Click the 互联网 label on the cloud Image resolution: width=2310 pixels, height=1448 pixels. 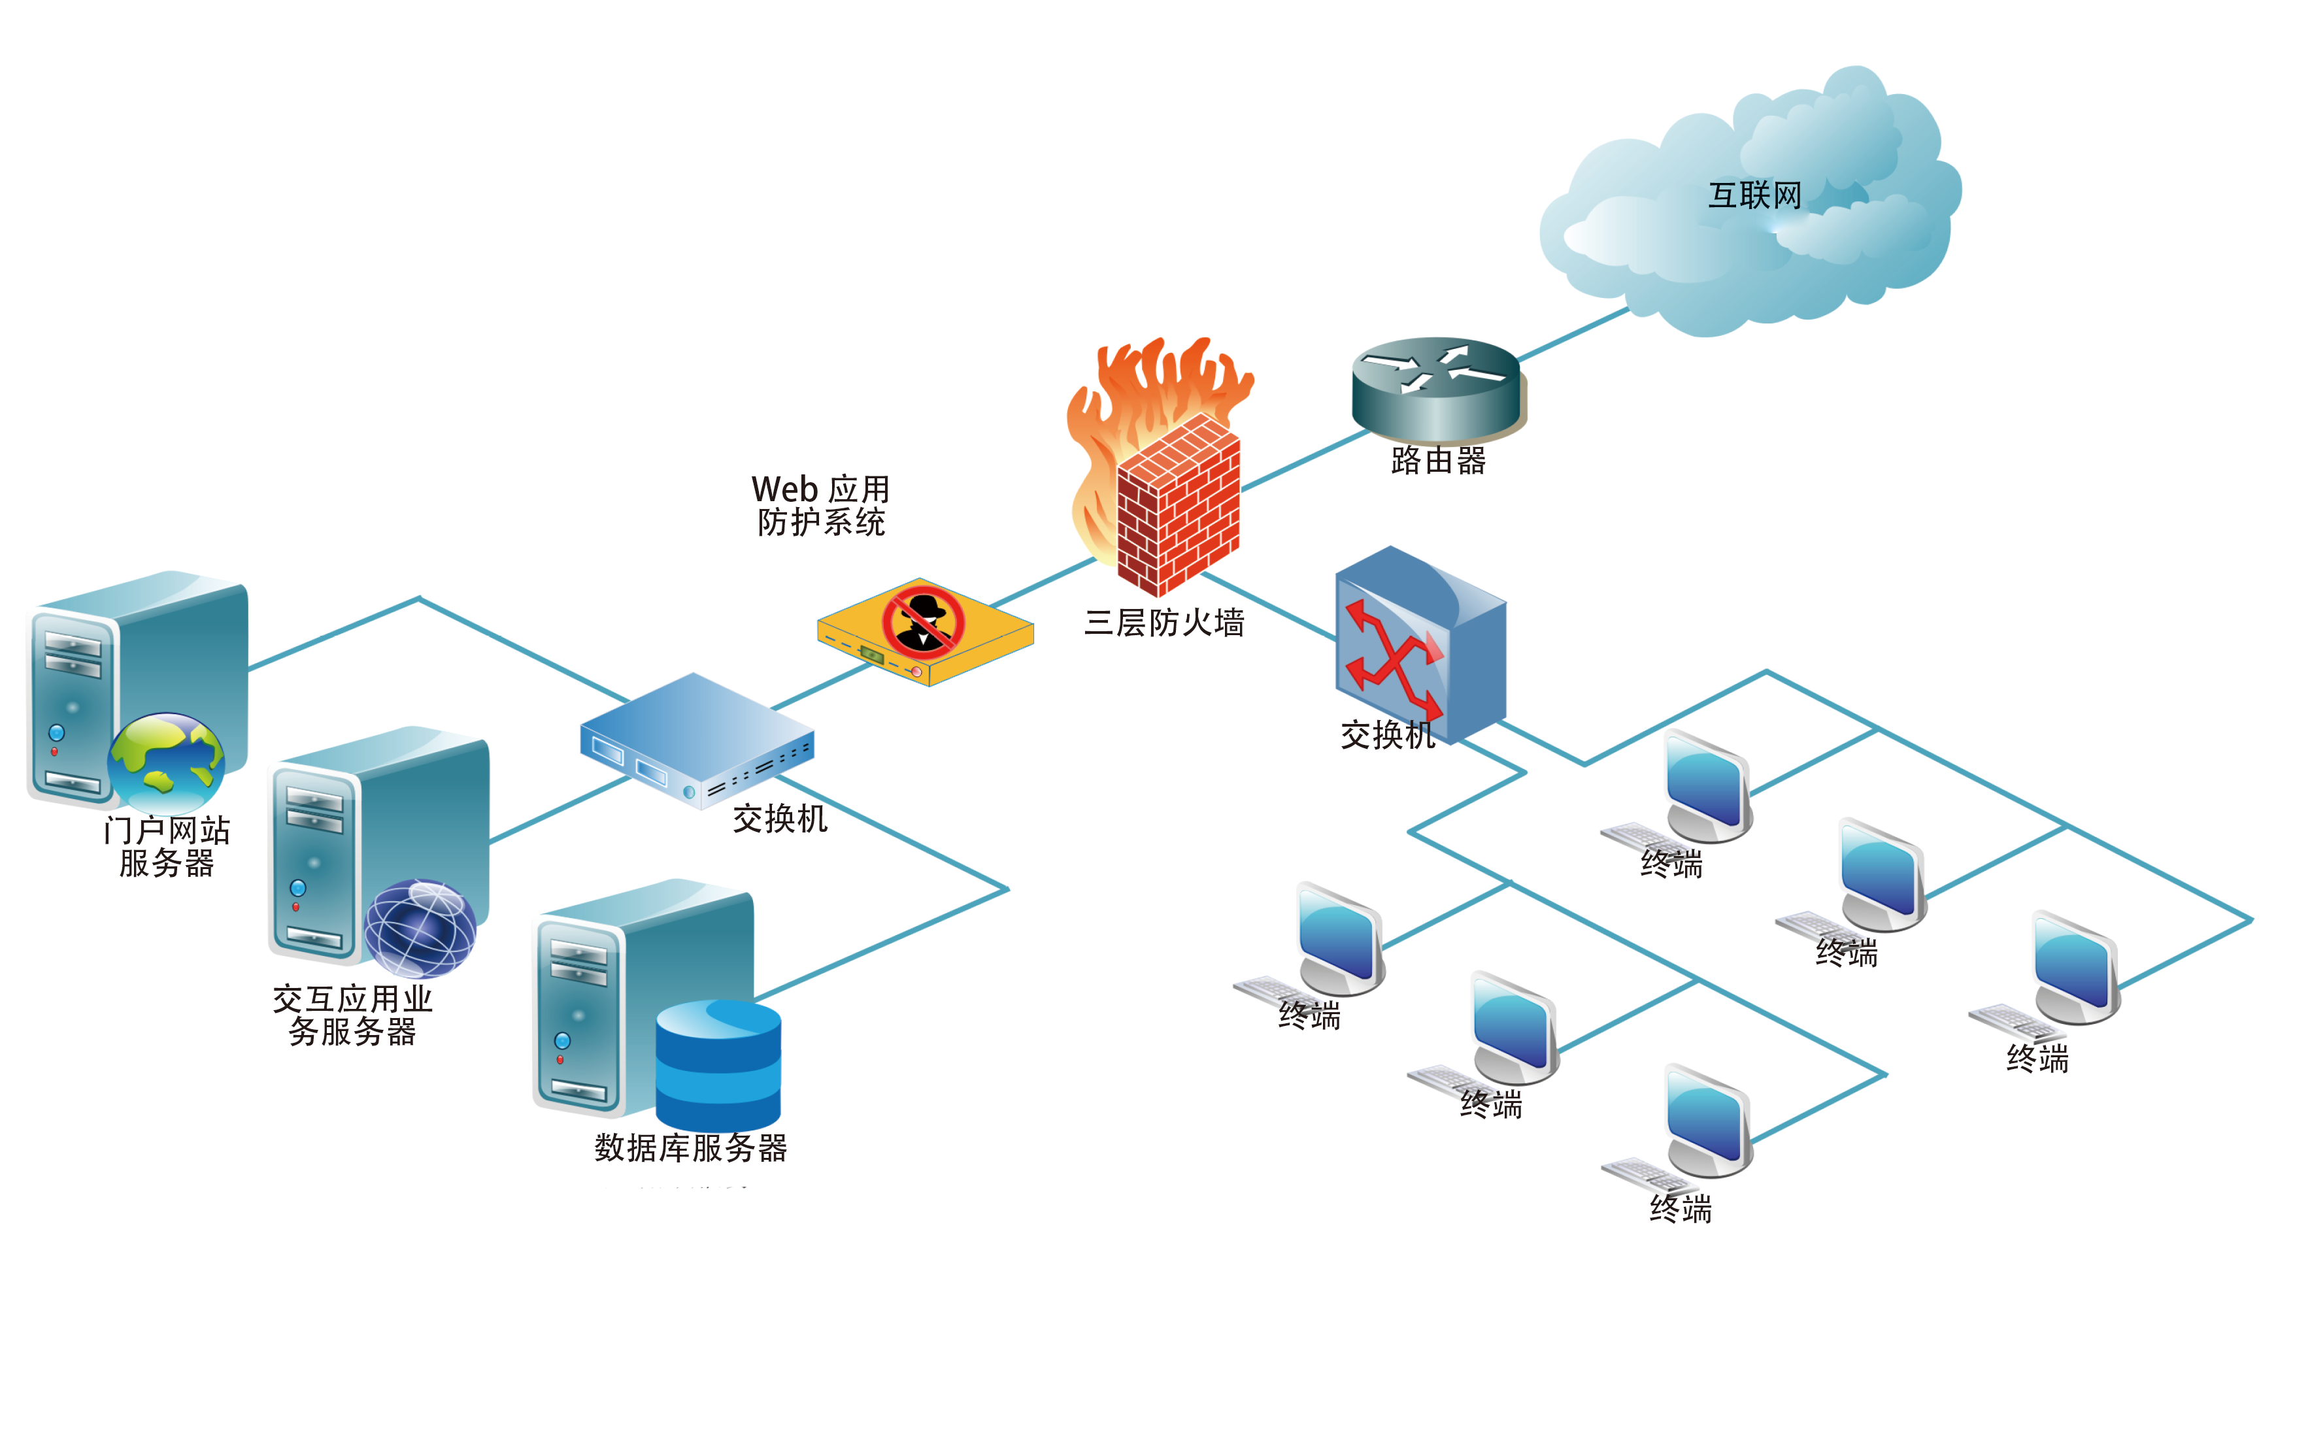tap(1754, 195)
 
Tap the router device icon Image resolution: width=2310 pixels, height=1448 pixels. tap(1437, 388)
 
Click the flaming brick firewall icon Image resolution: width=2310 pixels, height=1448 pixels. tap(1169, 479)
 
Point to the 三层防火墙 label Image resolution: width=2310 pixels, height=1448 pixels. tap(1163, 623)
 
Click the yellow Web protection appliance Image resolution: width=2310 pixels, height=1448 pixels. tap(924, 632)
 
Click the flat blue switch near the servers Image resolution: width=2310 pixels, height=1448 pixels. tap(696, 739)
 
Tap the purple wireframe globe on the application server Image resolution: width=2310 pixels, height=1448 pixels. tap(420, 927)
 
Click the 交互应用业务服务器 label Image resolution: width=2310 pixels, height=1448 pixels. tap(352, 1015)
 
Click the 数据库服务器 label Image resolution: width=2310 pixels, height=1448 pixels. tap(690, 1147)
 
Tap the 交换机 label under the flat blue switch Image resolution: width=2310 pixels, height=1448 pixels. tap(780, 819)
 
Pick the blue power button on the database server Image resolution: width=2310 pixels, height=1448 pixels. tap(562, 1041)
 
